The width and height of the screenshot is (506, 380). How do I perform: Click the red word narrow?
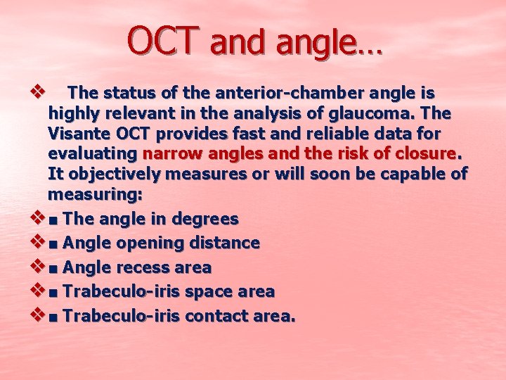171,153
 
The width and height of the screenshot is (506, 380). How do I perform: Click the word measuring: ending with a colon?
95,194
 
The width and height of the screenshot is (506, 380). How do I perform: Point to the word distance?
223,243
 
